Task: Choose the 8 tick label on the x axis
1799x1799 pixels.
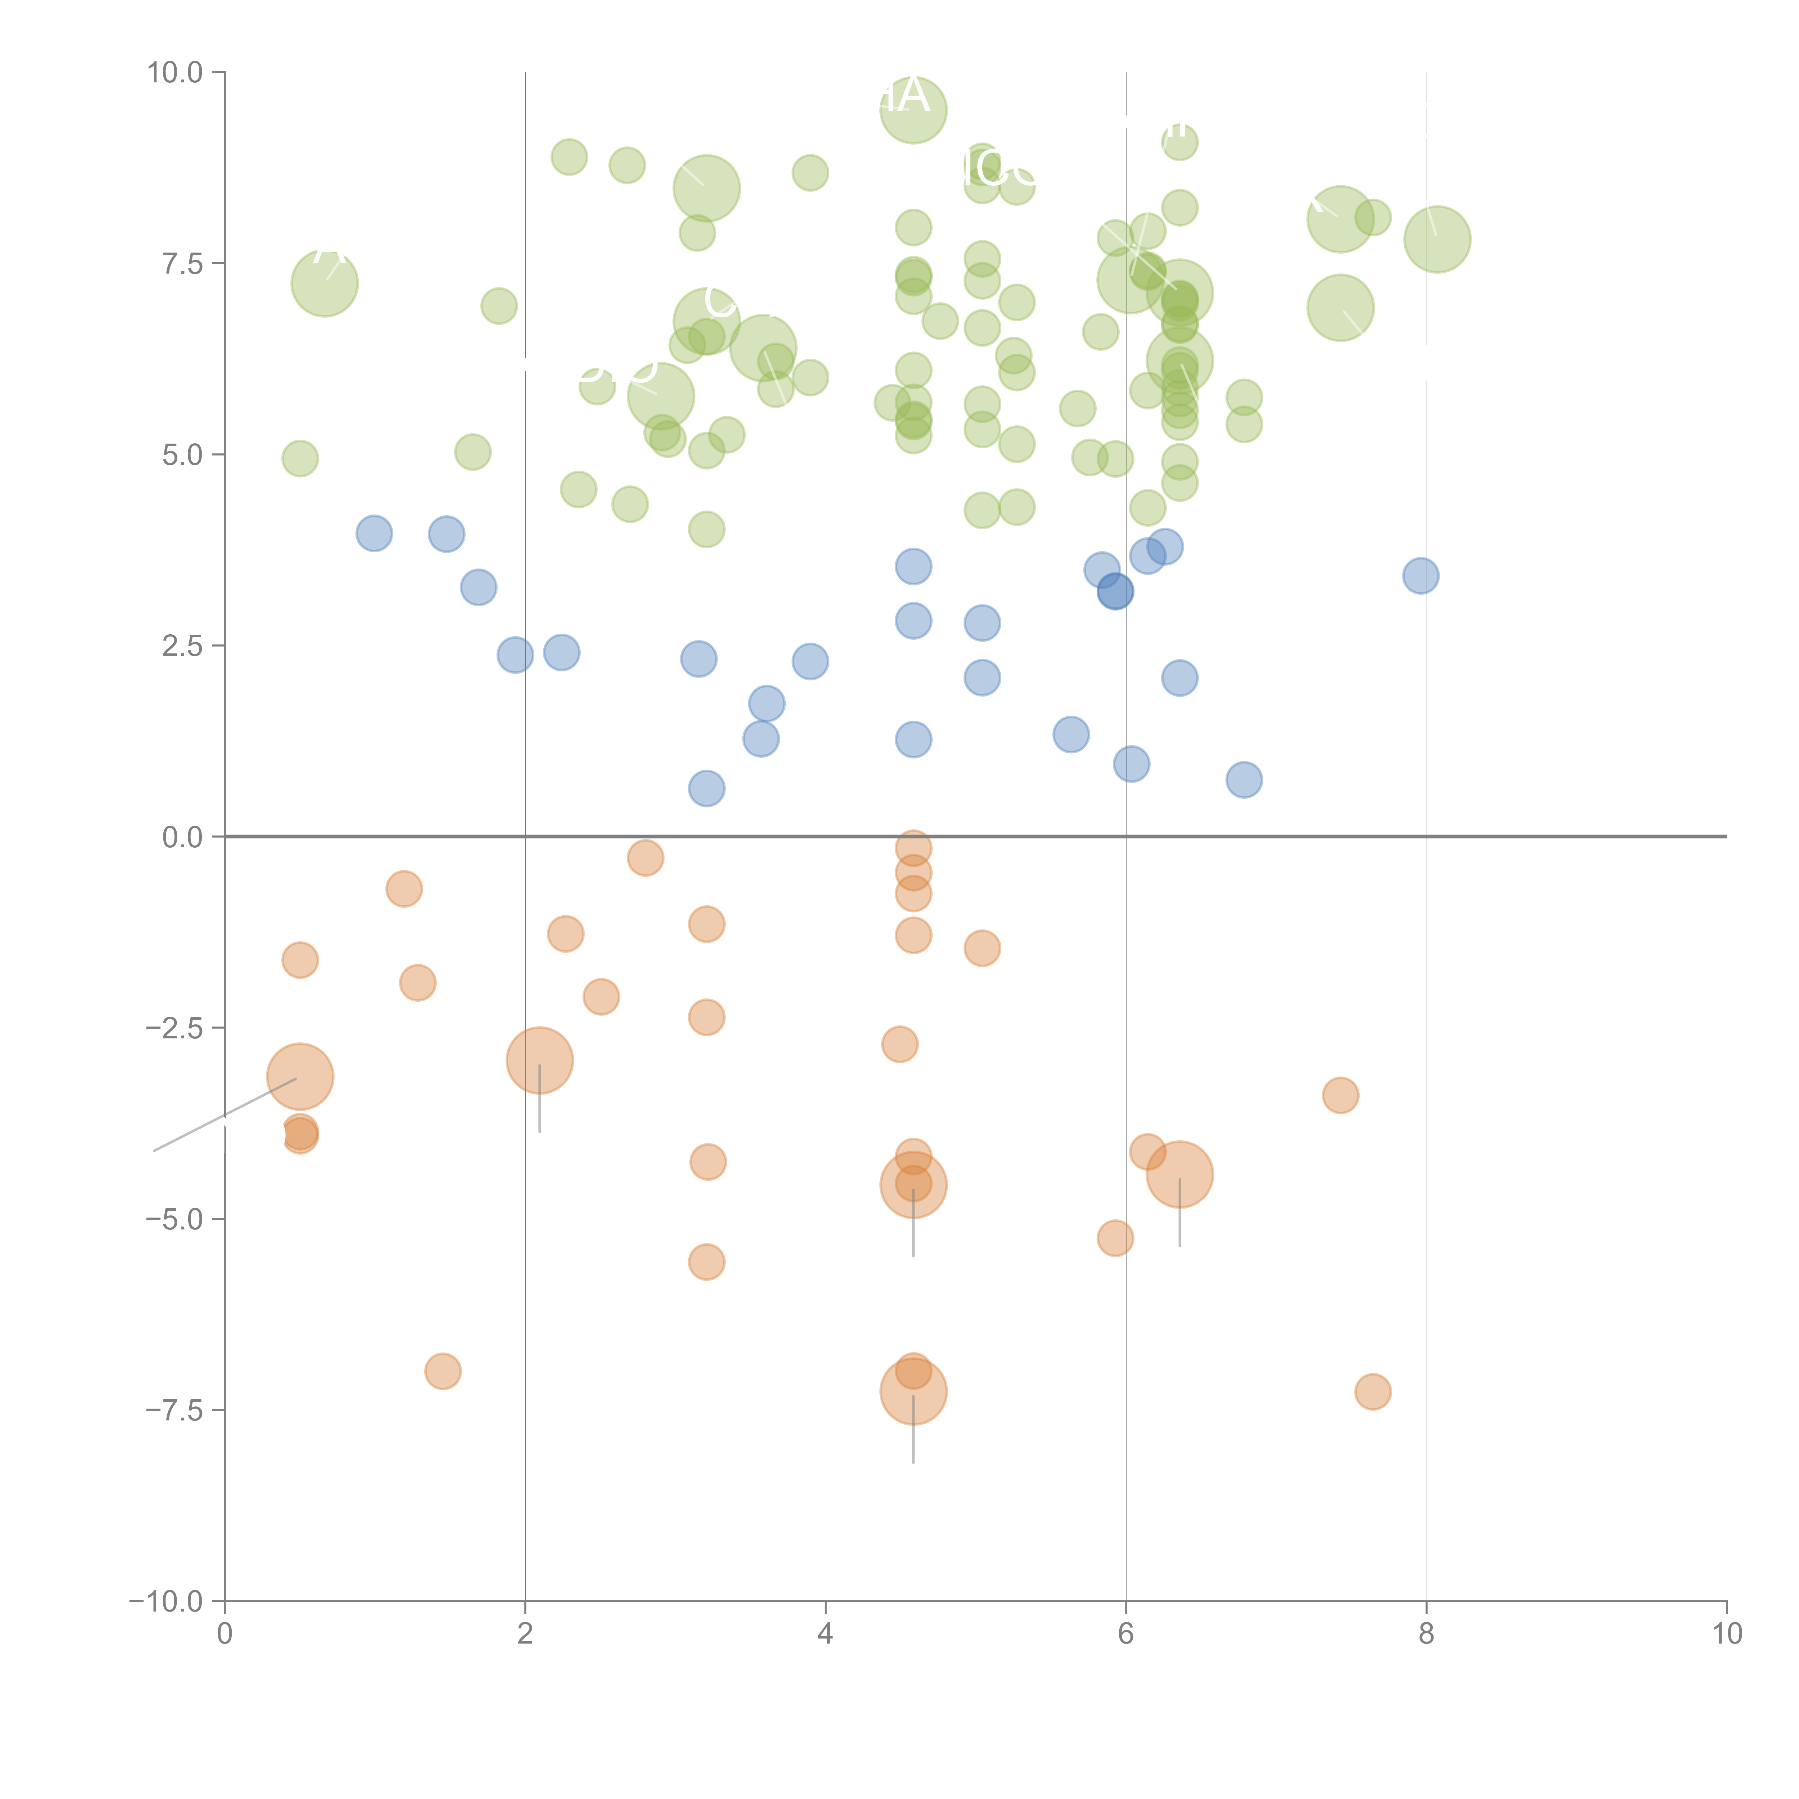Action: (1427, 1634)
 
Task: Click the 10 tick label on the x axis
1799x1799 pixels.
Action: (1726, 1634)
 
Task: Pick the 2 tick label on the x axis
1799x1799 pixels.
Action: (525, 1634)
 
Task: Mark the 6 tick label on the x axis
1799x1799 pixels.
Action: (1126, 1634)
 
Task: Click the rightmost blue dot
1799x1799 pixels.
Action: (1420, 575)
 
